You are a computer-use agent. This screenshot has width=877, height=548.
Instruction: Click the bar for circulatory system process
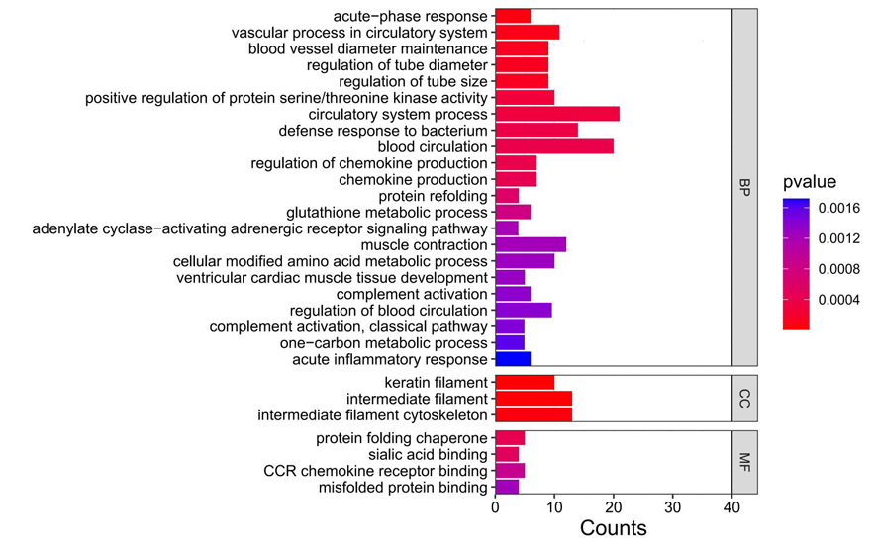[x=557, y=114]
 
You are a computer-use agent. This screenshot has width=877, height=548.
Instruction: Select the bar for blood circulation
[x=554, y=146]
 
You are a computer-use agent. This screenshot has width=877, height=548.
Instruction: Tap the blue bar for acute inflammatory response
[x=513, y=360]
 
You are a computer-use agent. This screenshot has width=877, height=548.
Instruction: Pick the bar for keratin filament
[x=525, y=382]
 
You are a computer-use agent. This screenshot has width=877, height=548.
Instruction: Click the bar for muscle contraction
[x=531, y=244]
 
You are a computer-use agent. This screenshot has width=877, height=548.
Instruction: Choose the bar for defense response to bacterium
[x=536, y=131]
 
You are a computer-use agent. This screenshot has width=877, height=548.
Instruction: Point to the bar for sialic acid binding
[x=507, y=454]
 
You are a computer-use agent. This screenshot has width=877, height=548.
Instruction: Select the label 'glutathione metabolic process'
[x=386, y=212]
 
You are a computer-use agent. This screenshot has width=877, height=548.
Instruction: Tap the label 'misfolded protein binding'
[x=403, y=487]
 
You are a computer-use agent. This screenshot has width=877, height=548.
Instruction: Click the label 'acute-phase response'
[x=410, y=16]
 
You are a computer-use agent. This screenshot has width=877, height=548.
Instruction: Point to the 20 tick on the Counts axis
[x=614, y=505]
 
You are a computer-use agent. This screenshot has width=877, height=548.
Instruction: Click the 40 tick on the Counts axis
[x=732, y=505]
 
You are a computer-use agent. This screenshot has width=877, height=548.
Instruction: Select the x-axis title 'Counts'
[x=613, y=528]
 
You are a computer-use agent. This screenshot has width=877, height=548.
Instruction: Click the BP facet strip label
[x=744, y=188]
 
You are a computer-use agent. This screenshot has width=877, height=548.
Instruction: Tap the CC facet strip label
[x=744, y=399]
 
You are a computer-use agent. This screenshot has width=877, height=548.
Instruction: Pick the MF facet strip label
[x=744, y=462]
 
